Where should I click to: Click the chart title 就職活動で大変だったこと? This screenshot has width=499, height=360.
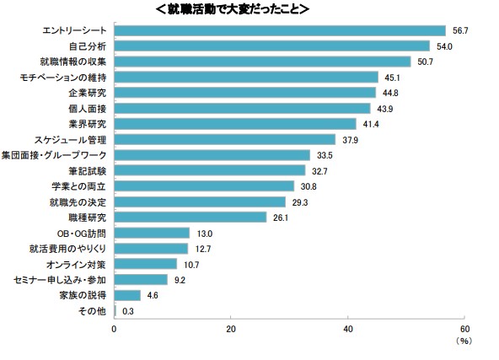click(233, 9)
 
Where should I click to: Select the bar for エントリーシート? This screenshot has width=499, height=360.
click(280, 31)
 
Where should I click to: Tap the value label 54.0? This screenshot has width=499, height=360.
click(444, 46)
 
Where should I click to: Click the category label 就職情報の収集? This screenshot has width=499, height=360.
click(72, 62)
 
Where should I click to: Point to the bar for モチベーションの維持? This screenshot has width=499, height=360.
click(246, 78)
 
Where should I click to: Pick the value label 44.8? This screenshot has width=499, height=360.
click(390, 93)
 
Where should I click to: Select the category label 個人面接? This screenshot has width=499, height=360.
click(87, 109)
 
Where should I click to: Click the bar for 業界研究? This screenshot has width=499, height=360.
click(235, 124)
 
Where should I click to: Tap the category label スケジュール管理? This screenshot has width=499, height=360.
click(70, 140)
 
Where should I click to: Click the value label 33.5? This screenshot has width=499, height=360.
click(325, 155)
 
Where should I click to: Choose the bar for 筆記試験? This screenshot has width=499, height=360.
click(210, 170)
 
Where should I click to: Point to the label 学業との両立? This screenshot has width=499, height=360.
click(78, 186)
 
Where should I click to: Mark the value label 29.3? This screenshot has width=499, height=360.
click(300, 202)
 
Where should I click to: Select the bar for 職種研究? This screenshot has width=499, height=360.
click(190, 218)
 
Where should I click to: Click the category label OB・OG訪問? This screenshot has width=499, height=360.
click(81, 234)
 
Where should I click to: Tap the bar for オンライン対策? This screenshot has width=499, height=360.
click(146, 264)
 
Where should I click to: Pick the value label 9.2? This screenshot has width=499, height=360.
click(180, 280)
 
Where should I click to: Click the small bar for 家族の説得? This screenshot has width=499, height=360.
click(127, 295)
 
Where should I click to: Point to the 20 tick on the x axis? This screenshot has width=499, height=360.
click(231, 329)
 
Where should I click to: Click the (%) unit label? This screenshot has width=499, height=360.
click(464, 341)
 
